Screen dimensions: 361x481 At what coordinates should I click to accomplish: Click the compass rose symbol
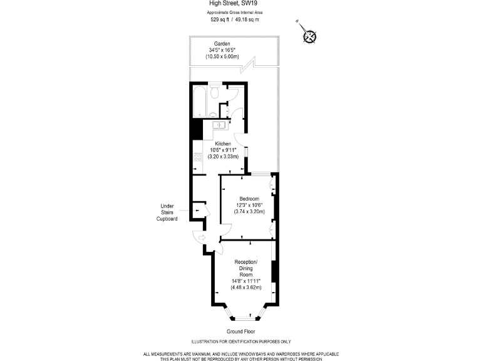(309, 36)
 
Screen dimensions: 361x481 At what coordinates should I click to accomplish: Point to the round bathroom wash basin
(213, 115)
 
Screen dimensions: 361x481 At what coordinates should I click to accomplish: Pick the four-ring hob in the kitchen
(197, 158)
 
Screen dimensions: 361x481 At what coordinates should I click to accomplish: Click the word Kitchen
(224, 144)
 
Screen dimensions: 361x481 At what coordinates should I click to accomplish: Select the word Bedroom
(249, 199)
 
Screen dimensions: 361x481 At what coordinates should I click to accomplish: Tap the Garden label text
(222, 44)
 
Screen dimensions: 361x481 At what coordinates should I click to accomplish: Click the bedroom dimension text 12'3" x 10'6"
(249, 205)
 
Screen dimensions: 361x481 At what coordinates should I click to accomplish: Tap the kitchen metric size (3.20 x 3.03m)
(224, 156)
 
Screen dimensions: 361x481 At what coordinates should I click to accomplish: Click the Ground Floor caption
(241, 332)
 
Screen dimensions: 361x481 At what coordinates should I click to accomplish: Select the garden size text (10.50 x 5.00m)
(222, 56)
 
